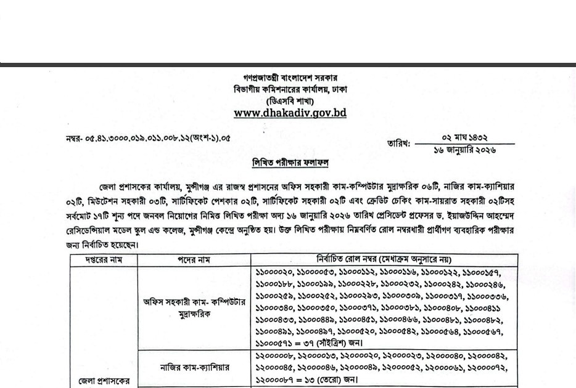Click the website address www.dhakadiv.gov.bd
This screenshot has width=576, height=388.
pyautogui.click(x=290, y=113)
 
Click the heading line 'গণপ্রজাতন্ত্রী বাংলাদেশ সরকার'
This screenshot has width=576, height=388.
pyautogui.click(x=290, y=78)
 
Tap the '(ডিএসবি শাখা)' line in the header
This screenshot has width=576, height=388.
pyautogui.click(x=290, y=100)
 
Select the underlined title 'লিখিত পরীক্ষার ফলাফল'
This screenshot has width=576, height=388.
pyautogui.click(x=290, y=163)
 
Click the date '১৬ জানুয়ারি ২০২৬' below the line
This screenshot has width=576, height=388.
pyautogui.click(x=469, y=149)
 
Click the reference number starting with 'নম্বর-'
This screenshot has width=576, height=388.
pyautogui.click(x=148, y=138)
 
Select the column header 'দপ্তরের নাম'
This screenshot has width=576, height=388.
pyautogui.click(x=104, y=260)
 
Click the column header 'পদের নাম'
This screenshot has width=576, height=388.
pyautogui.click(x=194, y=260)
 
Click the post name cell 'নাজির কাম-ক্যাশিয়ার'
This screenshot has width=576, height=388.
pyautogui.click(x=194, y=368)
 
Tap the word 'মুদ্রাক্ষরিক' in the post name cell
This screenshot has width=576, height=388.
pyautogui.click(x=194, y=314)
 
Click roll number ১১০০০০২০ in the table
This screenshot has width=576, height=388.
pyautogui.click(x=274, y=272)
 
